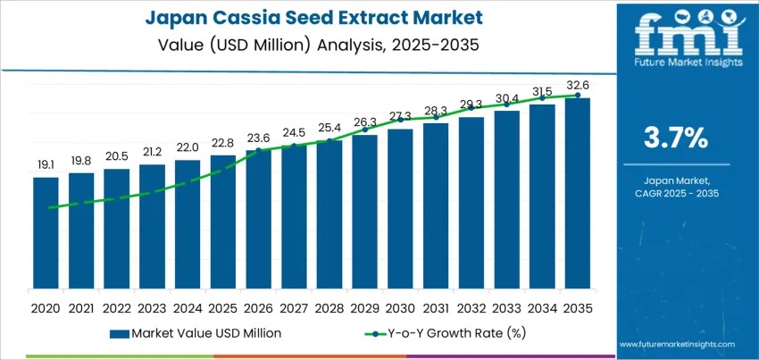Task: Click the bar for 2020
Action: tap(46, 237)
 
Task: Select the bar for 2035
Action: tap(577, 197)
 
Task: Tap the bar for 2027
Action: tap(294, 220)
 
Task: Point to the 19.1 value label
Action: tap(46, 165)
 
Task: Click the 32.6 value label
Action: tap(577, 86)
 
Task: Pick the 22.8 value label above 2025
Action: tap(222, 143)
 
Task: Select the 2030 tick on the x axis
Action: tap(400, 307)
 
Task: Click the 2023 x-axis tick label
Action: tap(152, 307)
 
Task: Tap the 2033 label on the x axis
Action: tap(506, 307)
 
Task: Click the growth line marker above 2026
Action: tap(258, 150)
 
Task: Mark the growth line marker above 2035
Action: tap(577, 95)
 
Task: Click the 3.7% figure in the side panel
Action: tap(675, 138)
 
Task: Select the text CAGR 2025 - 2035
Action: tap(675, 193)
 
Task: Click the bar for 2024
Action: tap(188, 228)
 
